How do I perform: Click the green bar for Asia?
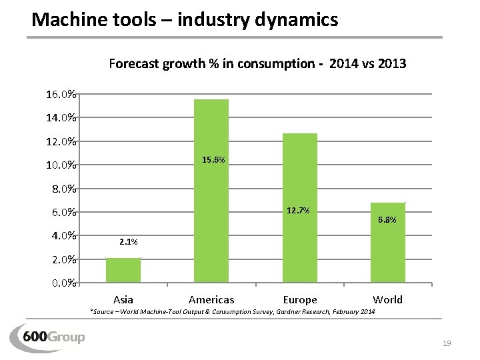click(123, 270)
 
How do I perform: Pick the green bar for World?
click(388, 243)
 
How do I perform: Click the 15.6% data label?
click(213, 160)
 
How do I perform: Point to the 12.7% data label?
click(297, 211)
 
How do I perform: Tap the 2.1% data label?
click(129, 241)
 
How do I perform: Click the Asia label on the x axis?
click(123, 299)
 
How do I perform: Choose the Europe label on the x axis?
click(300, 300)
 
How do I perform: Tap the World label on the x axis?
click(388, 299)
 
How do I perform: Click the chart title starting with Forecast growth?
click(257, 64)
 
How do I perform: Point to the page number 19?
click(447, 343)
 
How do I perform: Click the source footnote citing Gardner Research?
click(233, 312)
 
